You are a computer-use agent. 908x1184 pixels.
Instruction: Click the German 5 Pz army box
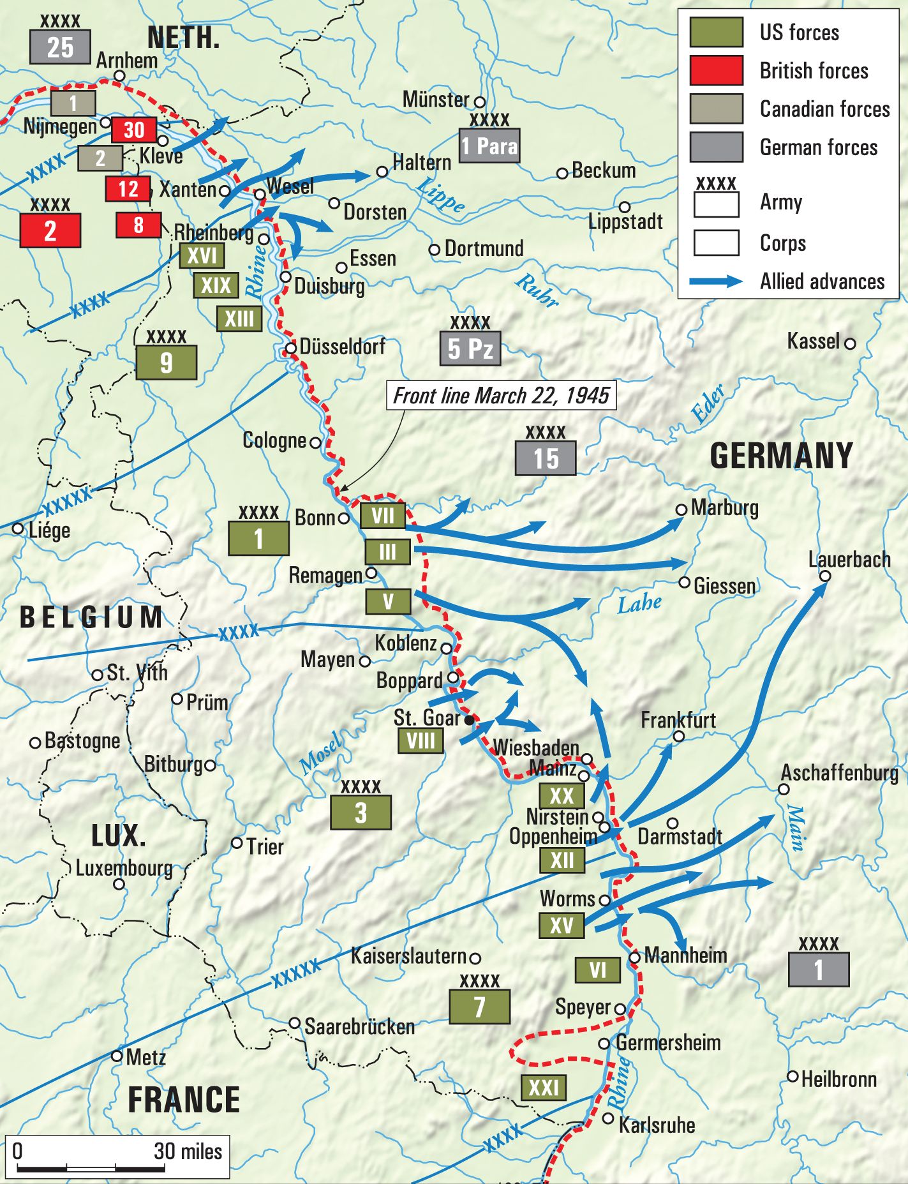click(470, 348)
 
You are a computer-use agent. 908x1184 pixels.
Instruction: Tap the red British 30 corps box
click(133, 130)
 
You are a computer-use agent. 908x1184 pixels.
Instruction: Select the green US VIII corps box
click(421, 742)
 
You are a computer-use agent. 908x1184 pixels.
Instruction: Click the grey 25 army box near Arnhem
click(60, 47)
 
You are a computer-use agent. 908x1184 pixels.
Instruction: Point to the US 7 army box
click(479, 1007)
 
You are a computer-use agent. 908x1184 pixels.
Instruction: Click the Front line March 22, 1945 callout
click(501, 396)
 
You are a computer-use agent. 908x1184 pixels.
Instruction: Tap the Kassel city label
click(813, 341)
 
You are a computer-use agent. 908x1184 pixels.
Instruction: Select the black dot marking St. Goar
click(469, 721)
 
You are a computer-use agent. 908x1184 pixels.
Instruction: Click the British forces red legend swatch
click(716, 70)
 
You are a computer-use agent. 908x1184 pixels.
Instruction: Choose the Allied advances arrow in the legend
click(716, 281)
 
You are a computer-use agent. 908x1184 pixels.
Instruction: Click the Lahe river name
click(639, 603)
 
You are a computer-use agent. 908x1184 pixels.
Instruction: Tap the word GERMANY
click(781, 456)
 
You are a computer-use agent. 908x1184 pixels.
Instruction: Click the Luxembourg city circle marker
click(119, 884)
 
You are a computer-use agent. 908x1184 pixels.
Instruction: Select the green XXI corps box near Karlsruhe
click(543, 1087)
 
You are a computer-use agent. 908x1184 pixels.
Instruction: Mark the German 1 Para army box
click(489, 146)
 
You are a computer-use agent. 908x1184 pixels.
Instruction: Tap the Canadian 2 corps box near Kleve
click(100, 158)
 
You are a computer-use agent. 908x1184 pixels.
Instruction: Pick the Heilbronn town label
click(838, 1079)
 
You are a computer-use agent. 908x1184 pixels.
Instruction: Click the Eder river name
click(708, 405)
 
